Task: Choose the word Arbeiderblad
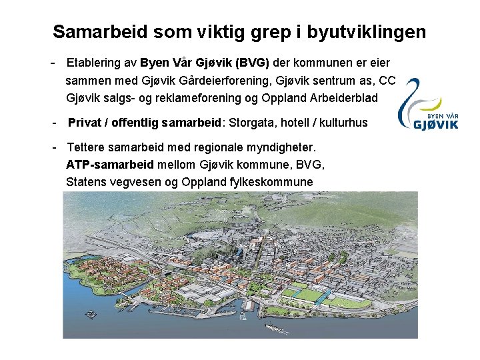pos(343,98)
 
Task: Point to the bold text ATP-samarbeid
pos(110,164)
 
